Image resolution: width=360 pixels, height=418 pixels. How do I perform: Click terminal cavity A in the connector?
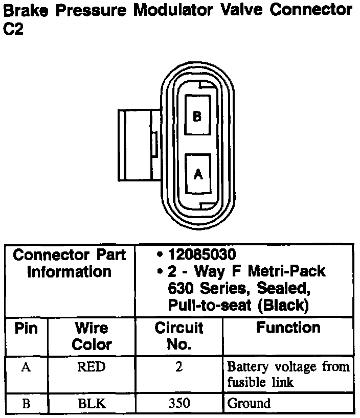point(198,174)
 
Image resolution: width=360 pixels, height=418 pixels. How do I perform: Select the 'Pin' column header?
point(26,328)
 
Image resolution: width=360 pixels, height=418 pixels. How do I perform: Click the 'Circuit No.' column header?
point(178,336)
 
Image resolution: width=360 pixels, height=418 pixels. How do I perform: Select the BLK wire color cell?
point(92,404)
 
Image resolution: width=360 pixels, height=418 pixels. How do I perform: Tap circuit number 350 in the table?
point(179,404)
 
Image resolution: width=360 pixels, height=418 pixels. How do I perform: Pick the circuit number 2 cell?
point(179,366)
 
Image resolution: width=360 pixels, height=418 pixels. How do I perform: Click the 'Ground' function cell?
point(249,404)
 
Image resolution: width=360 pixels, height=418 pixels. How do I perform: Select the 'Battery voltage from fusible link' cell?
point(288,374)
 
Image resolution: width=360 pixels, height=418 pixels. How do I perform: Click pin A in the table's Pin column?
point(26,366)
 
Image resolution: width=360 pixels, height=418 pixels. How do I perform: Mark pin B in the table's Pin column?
point(26,404)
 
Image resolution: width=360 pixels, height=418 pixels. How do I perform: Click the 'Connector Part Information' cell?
point(70,263)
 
